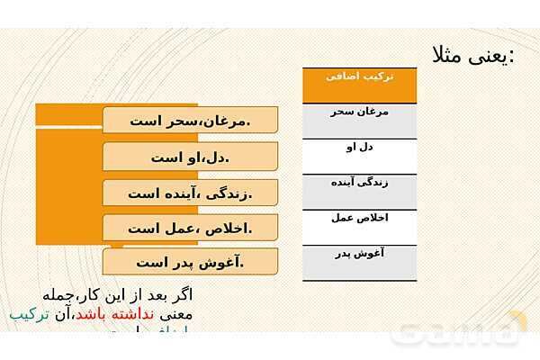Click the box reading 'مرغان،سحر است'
pos(190,121)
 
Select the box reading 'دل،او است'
pos(190,157)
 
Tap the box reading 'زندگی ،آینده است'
pos(190,193)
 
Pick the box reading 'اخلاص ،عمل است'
pos(190,229)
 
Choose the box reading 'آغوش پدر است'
pos(190,263)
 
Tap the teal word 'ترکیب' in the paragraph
pos(27,315)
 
